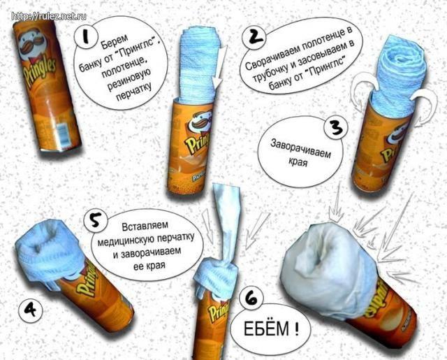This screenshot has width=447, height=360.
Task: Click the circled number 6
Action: point(249,297)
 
